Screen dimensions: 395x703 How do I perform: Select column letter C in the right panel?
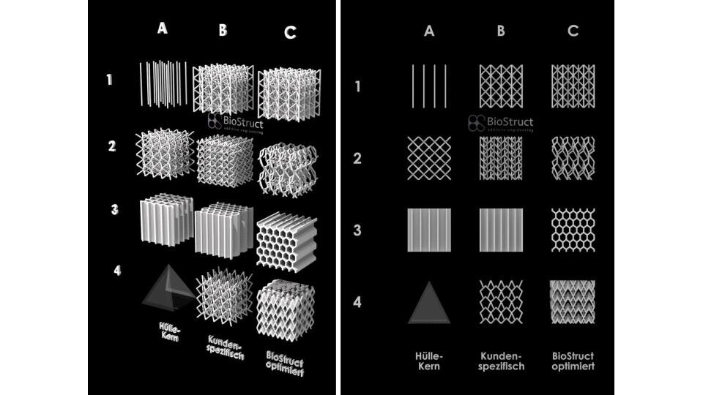click(x=573, y=31)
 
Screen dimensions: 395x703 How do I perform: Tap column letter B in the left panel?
click(x=223, y=31)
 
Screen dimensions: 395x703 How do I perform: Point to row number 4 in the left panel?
click(x=118, y=271)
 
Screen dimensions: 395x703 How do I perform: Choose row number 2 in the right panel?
click(x=357, y=157)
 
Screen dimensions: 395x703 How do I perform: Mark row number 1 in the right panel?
click(x=357, y=86)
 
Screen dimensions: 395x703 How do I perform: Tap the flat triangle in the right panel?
click(x=429, y=301)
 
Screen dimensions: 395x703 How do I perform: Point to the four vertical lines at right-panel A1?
click(x=429, y=86)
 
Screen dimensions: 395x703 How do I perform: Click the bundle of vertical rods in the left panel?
click(x=163, y=84)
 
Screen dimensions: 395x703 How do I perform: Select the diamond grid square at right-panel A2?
click(x=429, y=157)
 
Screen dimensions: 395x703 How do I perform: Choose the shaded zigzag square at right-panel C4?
click(x=573, y=301)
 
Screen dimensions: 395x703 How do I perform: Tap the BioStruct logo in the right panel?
click(x=501, y=123)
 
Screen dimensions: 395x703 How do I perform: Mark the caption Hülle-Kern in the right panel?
click(x=429, y=361)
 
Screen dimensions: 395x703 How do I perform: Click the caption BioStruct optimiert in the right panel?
click(x=573, y=361)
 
